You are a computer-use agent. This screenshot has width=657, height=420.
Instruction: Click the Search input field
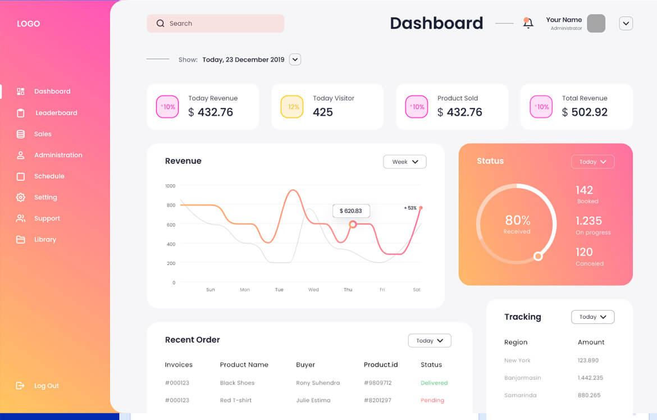pos(216,24)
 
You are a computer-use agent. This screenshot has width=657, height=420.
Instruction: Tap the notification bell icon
pos(528,23)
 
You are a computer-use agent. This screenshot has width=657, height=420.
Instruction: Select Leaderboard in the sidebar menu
pos(56,113)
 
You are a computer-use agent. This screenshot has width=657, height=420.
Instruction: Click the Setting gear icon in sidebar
pos(21,197)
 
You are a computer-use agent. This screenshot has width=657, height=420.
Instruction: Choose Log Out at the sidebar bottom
pos(46,386)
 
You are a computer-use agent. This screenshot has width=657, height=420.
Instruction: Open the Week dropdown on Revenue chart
pos(405,162)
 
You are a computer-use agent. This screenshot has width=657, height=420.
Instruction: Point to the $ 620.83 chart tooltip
pos(351,211)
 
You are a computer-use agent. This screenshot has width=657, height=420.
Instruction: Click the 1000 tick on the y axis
pos(170,186)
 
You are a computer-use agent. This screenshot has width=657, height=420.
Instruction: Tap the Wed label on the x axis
pos(313,290)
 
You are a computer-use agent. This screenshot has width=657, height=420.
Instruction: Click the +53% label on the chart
pos(410,208)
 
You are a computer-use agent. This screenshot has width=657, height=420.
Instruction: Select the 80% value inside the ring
pos(517,220)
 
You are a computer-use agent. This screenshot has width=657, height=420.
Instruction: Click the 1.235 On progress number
pos(588,221)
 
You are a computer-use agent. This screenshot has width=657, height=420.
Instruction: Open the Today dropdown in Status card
pos(592,162)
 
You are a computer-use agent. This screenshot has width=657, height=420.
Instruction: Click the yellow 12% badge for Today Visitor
pos(292,107)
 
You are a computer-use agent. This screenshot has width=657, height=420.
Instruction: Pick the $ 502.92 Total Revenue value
pos(585,112)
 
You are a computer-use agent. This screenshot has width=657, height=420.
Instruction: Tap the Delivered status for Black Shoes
pos(434,383)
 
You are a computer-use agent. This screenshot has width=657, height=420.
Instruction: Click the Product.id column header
pos(381,365)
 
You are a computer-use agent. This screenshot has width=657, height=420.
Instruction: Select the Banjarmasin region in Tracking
pos(522,378)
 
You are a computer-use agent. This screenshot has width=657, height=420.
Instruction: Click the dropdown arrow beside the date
pos(295,60)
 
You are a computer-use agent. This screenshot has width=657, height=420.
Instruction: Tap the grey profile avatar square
pos(596,24)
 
